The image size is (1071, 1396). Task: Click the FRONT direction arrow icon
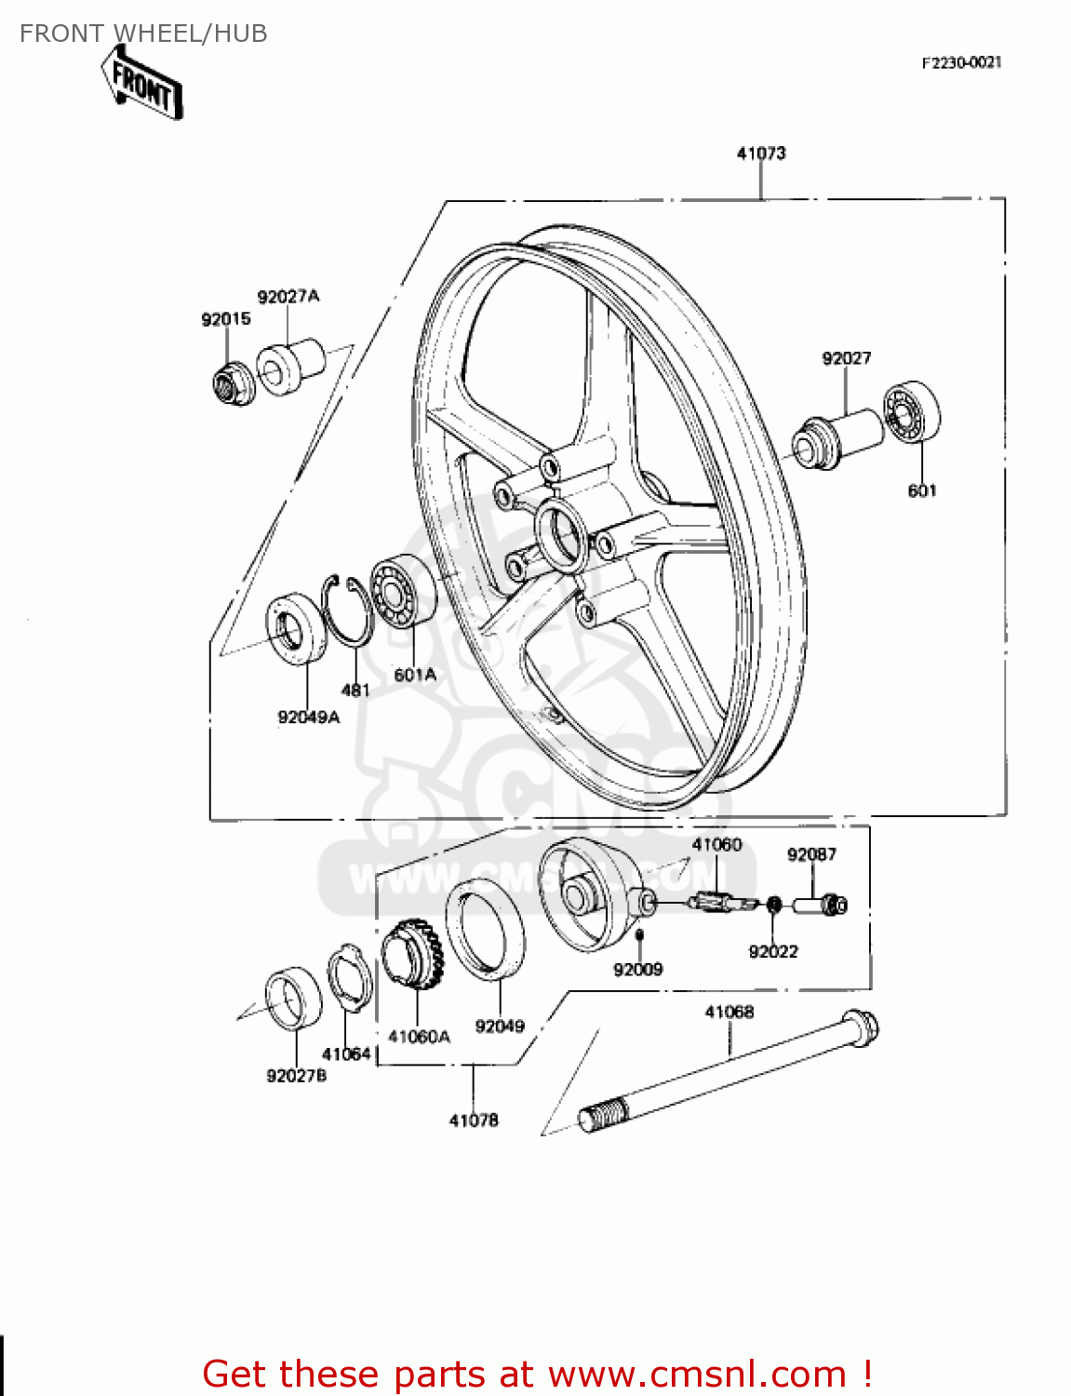(142, 84)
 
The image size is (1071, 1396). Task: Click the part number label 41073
(761, 154)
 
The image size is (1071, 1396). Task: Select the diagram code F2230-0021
(961, 62)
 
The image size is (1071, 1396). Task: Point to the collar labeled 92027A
(289, 367)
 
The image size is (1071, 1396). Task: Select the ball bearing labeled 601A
(403, 592)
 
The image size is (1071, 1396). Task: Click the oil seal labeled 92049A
(296, 630)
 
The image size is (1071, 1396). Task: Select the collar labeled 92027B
(293, 999)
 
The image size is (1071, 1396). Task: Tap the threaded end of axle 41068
(603, 1114)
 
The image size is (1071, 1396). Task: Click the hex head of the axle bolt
(861, 1028)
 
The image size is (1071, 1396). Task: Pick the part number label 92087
(811, 854)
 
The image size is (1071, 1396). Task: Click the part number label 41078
(474, 1121)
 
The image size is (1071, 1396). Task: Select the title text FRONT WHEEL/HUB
(143, 34)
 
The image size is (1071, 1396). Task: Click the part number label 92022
(773, 951)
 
